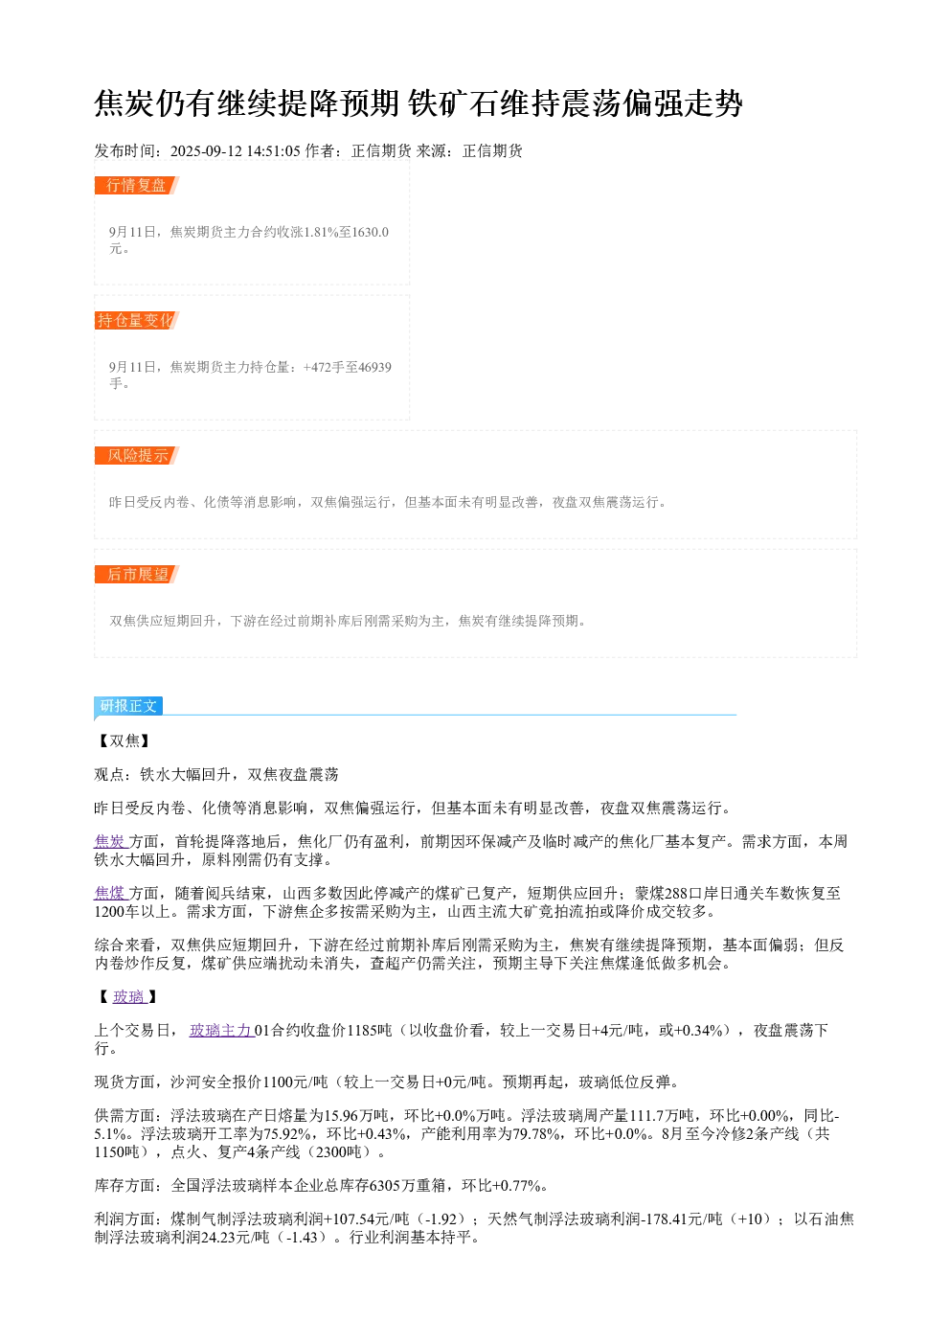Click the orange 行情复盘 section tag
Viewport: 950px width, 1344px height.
pyautogui.click(x=137, y=186)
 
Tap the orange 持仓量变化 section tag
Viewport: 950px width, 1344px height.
pyautogui.click(x=137, y=320)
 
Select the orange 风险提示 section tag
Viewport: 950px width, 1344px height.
pyautogui.click(x=137, y=455)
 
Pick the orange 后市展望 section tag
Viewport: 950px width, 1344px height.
pyautogui.click(x=137, y=574)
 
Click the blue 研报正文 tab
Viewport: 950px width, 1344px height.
pyautogui.click(x=128, y=706)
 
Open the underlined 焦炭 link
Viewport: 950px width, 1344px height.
pyautogui.click(x=111, y=842)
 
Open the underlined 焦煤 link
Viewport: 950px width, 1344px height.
pyautogui.click(x=111, y=894)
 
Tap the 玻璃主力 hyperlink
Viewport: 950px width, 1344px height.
pyautogui.click(x=222, y=1030)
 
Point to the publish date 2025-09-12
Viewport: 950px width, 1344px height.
pyautogui.click(x=206, y=150)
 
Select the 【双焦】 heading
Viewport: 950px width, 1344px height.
pyautogui.click(x=124, y=741)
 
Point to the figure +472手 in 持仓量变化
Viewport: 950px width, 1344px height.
pyautogui.click(x=323, y=367)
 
